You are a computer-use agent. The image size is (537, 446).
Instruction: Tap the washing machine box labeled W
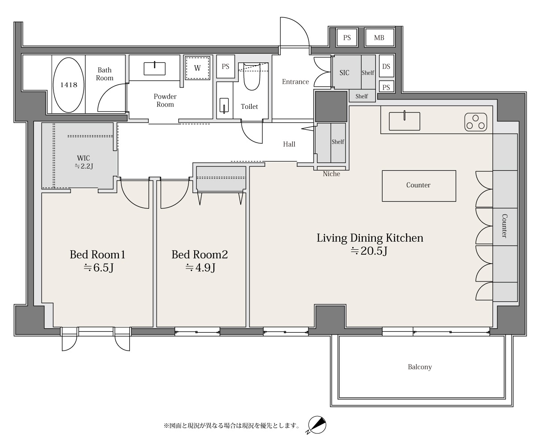[197, 68]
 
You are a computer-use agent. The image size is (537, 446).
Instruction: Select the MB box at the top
[379, 38]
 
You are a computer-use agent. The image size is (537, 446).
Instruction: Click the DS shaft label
[386, 66]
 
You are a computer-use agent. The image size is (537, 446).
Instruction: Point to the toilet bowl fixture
[252, 76]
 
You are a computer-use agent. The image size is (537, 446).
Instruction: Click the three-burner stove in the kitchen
[475, 122]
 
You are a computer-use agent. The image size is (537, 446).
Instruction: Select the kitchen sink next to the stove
[404, 121]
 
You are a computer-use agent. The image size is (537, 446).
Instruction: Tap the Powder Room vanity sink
[154, 68]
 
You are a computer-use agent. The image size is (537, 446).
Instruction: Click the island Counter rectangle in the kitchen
[419, 186]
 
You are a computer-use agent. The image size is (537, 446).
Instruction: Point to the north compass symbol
[317, 425]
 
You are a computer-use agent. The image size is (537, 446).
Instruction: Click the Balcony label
[420, 367]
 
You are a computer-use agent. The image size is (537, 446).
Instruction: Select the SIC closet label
[344, 73]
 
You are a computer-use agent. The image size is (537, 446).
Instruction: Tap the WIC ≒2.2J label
[83, 162]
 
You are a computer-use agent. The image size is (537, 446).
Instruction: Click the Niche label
[332, 174]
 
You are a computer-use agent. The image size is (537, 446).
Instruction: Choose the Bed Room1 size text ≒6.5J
[99, 268]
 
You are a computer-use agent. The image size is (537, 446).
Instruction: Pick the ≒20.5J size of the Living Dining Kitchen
[369, 251]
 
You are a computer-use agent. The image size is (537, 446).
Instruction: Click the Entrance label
[296, 82]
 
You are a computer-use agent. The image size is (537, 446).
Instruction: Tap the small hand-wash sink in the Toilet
[224, 105]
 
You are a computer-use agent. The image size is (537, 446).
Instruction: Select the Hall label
[289, 144]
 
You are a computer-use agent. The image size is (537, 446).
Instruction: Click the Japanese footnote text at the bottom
[232, 425]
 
